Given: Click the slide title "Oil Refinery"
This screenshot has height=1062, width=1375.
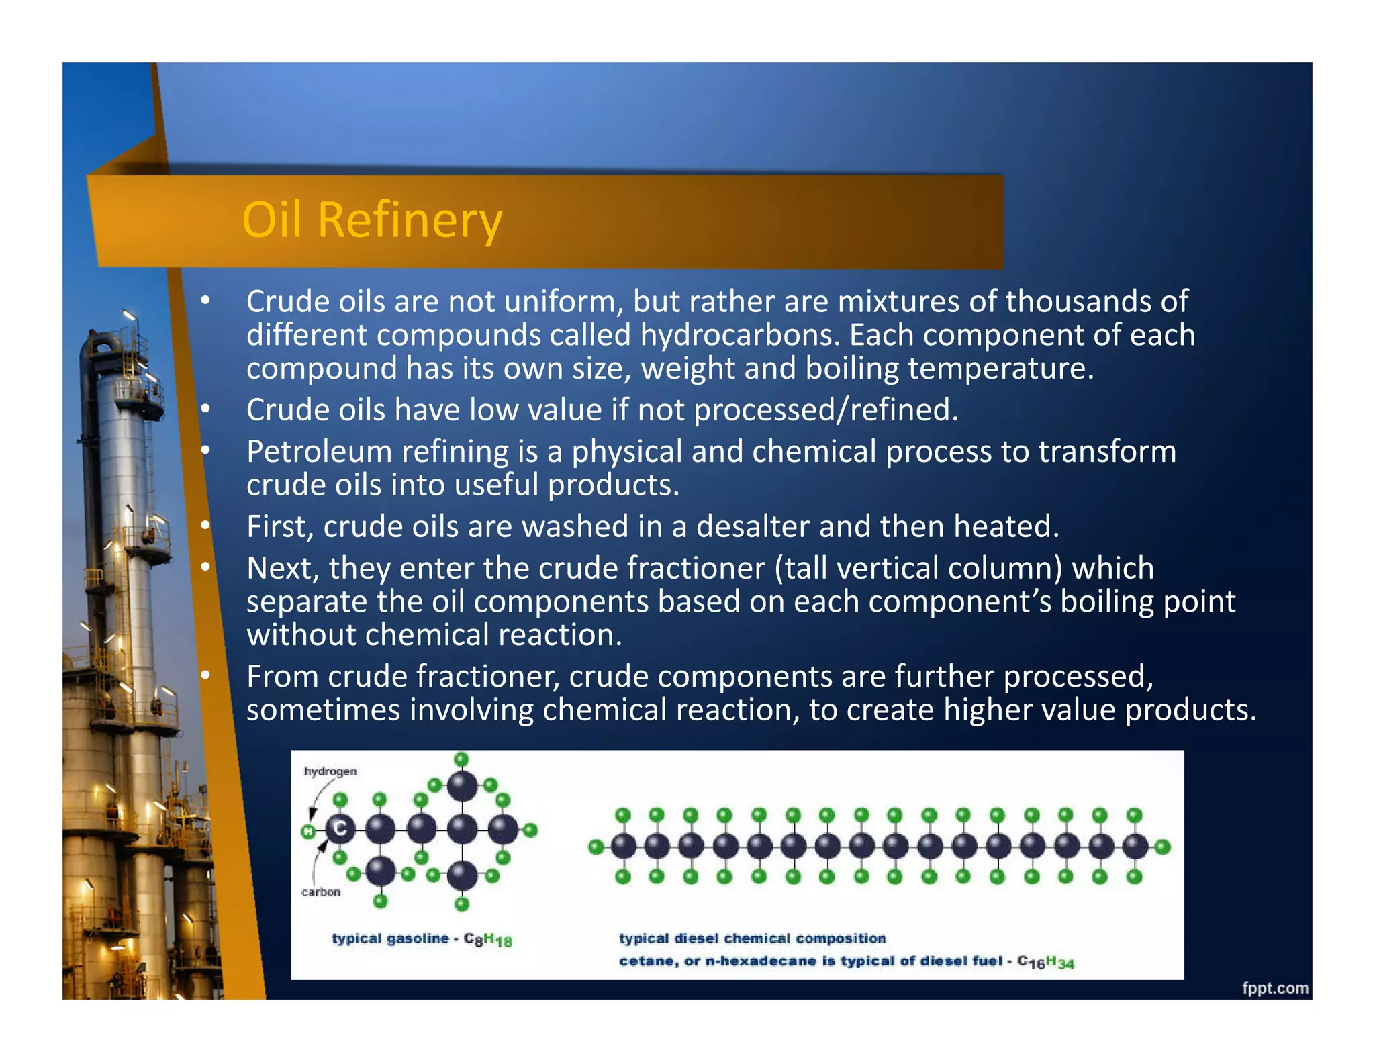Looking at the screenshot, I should pos(372,220).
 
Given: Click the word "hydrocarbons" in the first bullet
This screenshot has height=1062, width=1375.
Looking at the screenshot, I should pos(739,335).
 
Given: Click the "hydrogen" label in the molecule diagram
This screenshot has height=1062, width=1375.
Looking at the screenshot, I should pos(330,771).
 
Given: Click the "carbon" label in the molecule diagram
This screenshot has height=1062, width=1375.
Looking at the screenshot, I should pos(321,892).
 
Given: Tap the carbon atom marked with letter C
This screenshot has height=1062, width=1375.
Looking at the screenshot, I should pos(340,830).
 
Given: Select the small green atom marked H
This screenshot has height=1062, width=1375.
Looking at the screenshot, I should pos(308,832).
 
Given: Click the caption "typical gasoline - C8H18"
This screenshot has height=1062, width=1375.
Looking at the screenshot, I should pos(422,939).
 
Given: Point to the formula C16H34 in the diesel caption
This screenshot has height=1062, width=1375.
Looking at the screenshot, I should pos(1045,962).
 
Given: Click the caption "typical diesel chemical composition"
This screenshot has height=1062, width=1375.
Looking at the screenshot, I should pos(752,938).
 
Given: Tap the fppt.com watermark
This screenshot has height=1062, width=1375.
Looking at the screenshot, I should pos(1274,987).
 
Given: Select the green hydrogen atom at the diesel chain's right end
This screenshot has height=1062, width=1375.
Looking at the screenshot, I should pos(1163,847).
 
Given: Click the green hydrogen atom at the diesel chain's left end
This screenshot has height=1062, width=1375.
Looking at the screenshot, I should pos(595,847).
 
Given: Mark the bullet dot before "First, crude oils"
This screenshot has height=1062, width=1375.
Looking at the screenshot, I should pos(205,525).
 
